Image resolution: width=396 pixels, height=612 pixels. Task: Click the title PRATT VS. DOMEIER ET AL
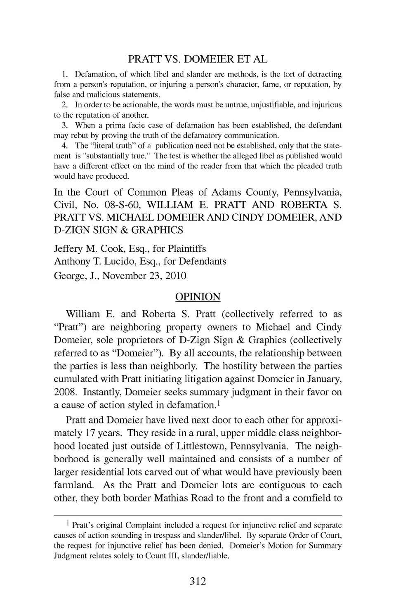(x=198, y=59)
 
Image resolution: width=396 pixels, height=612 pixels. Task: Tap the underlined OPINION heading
(x=198, y=297)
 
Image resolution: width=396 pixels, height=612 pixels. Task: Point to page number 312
(x=198, y=581)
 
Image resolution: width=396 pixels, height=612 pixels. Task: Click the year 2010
(x=175, y=276)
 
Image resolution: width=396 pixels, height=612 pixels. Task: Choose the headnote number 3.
(x=64, y=125)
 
